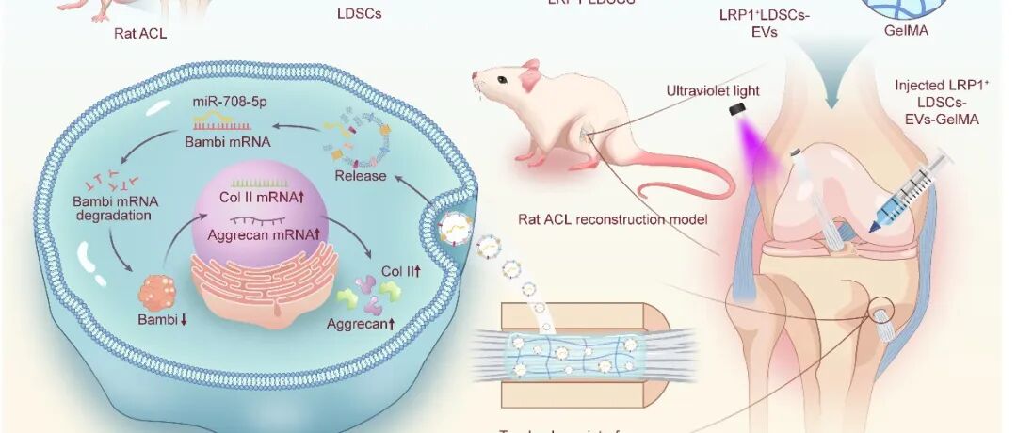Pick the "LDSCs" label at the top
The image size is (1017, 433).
click(x=360, y=14)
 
